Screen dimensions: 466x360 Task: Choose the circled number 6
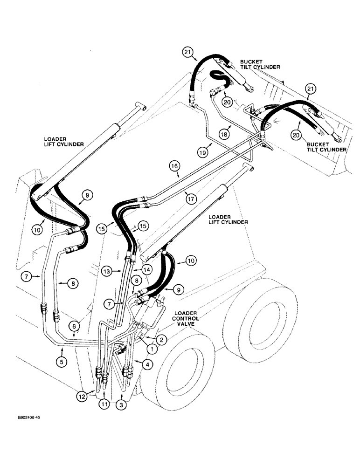[76, 328]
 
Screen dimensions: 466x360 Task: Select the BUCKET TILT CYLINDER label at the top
[260, 64]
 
